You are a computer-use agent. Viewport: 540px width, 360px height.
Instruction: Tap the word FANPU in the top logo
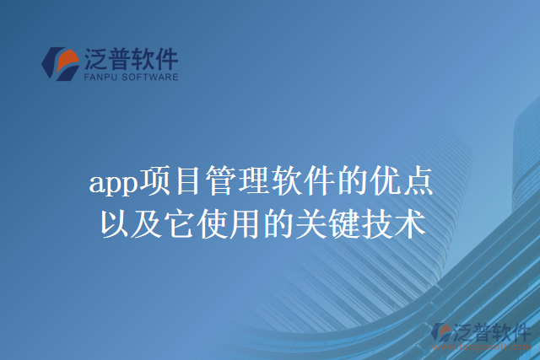pyautogui.click(x=100, y=77)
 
